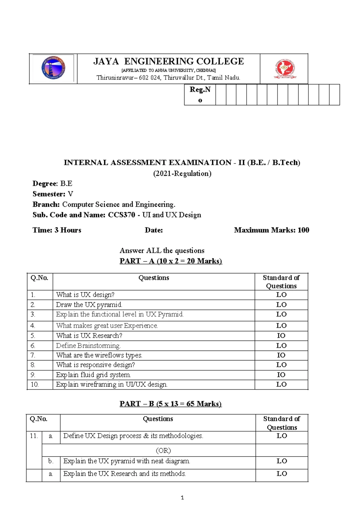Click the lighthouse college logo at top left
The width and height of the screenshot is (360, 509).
coord(53,68)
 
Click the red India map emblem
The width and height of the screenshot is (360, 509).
coord(285,69)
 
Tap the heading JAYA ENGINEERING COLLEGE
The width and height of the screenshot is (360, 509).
coord(169,62)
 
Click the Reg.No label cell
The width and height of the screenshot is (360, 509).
coord(200,95)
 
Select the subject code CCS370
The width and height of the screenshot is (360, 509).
coord(121,215)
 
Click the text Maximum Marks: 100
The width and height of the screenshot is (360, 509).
coord(271,230)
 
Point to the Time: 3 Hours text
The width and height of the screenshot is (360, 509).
coord(57,230)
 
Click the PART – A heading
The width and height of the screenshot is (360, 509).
coord(171,261)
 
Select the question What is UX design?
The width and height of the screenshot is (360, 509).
coord(85,295)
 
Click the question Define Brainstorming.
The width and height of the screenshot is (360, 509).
coord(88,346)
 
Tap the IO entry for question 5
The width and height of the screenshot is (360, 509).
coord(281,336)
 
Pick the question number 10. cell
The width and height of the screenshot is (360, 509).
coord(35,384)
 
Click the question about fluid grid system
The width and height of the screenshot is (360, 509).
coord(93,375)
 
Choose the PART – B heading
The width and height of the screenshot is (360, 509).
coord(170,404)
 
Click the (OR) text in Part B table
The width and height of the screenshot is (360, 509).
coord(163,450)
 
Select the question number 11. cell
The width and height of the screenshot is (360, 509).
coord(34,436)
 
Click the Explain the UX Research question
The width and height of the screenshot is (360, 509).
coord(124,474)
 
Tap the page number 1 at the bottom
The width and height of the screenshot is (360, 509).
coord(182,498)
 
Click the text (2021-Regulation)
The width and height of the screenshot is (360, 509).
coord(182,173)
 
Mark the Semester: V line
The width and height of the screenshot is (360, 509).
coord(53,194)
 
